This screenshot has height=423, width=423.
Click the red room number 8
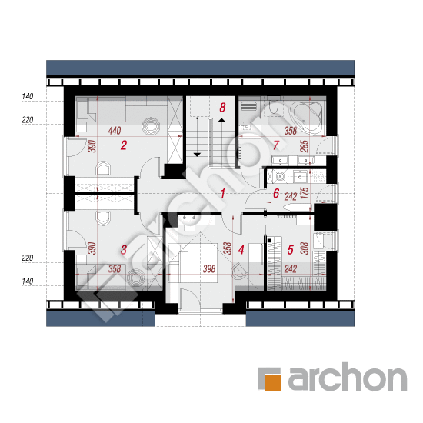point(222,108)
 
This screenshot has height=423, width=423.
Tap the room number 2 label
point(124,145)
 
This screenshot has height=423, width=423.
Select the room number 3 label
point(124,249)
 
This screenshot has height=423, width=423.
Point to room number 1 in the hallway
point(222,193)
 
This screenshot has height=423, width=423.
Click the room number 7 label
point(275,145)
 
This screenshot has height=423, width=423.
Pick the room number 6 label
point(276,193)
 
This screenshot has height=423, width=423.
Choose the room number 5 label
point(290,249)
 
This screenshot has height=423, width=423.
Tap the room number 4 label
point(241,249)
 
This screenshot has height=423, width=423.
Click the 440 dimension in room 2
point(115,131)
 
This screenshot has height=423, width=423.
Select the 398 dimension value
point(209,268)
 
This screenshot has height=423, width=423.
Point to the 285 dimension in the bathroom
point(305,146)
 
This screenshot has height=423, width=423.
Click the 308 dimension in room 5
point(305,248)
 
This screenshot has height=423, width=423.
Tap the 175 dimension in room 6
point(305,193)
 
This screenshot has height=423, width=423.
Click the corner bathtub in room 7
point(308,114)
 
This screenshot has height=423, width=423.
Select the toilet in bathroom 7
point(273,108)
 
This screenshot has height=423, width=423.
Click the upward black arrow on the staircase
point(221,120)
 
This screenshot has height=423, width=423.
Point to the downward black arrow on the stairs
point(197,155)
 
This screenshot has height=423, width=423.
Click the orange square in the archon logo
point(273,382)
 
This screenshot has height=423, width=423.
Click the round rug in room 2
point(151,125)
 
